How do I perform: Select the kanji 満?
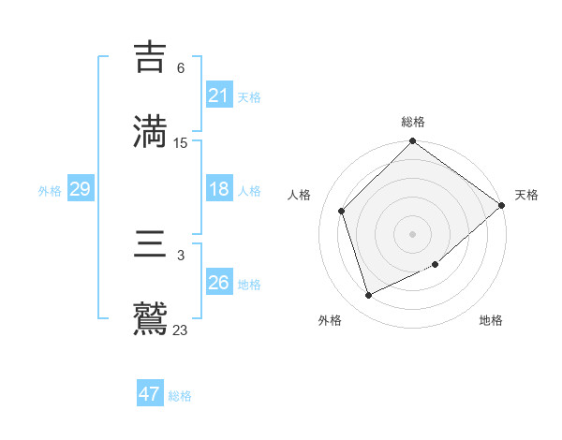pyautogui.click(x=151, y=130)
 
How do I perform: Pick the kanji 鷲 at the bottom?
pyautogui.click(x=151, y=318)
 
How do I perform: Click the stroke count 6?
pyautogui.click(x=181, y=68)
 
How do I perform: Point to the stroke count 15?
pyautogui.click(x=181, y=143)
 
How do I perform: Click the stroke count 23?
pyautogui.click(x=181, y=330)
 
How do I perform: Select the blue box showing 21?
pyautogui.click(x=219, y=95)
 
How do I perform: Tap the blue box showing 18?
pyautogui.click(x=219, y=189)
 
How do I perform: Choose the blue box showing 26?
pyautogui.click(x=219, y=283)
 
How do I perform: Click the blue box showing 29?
pyautogui.click(x=80, y=190)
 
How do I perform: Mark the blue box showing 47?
pyautogui.click(x=150, y=394)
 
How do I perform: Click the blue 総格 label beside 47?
pyautogui.click(x=180, y=396)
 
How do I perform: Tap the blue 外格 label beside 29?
pyautogui.click(x=50, y=191)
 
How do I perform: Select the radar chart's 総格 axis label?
pyautogui.click(x=413, y=122)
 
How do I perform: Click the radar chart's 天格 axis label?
pyautogui.click(x=526, y=195)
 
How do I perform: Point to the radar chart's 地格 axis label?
pyautogui.click(x=491, y=321)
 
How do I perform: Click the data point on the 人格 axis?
pyautogui.click(x=342, y=211)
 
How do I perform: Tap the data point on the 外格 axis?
pyautogui.click(x=369, y=296)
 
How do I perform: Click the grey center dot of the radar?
pyautogui.click(x=413, y=234)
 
